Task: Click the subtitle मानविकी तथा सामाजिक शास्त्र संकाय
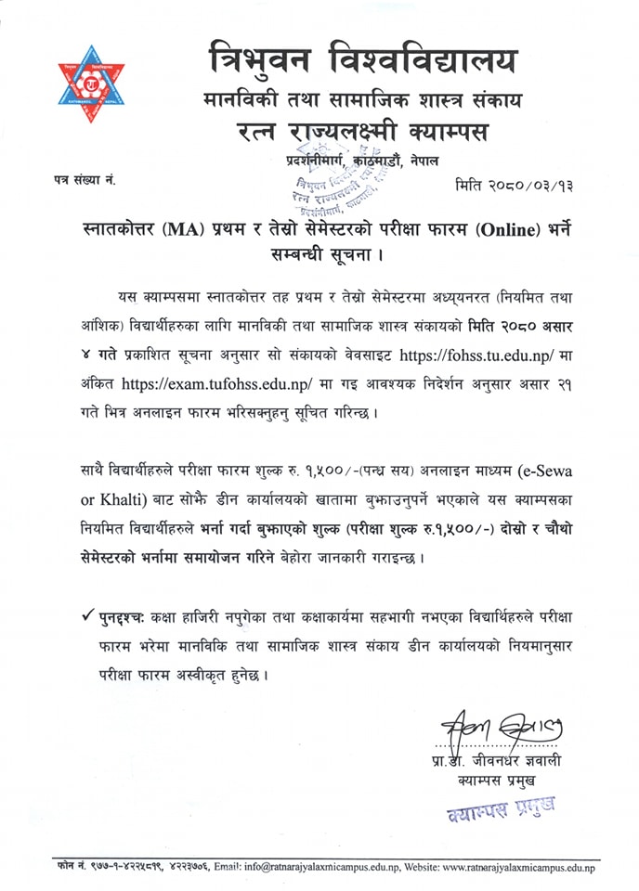coord(361,97)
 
